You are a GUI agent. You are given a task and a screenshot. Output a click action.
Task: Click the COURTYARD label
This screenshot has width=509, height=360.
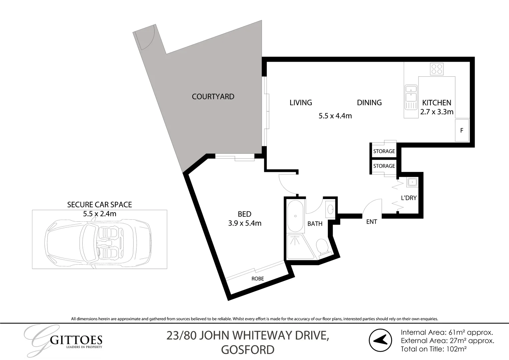pyautogui.click(x=213, y=97)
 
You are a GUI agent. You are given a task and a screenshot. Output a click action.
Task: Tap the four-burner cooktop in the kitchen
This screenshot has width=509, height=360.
pyautogui.click(x=436, y=69)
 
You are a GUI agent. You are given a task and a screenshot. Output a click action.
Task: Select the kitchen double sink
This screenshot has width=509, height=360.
pyautogui.click(x=411, y=98)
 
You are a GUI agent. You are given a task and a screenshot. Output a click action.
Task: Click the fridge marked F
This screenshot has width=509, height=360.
pyautogui.click(x=462, y=130)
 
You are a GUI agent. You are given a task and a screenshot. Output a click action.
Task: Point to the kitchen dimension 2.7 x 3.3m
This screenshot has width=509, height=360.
pyautogui.click(x=437, y=112)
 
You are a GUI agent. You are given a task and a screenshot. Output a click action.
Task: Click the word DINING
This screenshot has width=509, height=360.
pyautogui.click(x=369, y=103)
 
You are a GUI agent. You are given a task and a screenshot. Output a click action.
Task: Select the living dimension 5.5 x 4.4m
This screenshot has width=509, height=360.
pyautogui.click(x=335, y=116)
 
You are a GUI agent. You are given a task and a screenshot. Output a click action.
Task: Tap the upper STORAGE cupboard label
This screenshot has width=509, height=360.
pyautogui.click(x=384, y=151)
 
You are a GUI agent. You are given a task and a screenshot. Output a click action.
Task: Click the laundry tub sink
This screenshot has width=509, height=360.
pyautogui.click(x=412, y=182)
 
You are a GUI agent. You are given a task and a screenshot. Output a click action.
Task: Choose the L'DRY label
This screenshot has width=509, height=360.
pyautogui.click(x=409, y=198)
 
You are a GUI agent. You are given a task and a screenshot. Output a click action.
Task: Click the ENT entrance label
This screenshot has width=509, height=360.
pyautogui.click(x=371, y=222)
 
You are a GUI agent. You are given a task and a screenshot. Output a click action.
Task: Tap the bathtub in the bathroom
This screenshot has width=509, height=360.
pyautogui.click(x=295, y=216)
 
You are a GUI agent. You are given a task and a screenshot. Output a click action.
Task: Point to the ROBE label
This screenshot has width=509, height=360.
pyautogui.click(x=258, y=279)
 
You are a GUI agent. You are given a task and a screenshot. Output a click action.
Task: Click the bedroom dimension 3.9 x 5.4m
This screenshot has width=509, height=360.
pyautogui.click(x=245, y=223)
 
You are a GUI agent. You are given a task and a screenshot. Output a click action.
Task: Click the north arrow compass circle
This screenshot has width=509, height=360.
pyautogui.click(x=380, y=340)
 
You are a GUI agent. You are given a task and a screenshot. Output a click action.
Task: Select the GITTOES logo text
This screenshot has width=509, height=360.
pyautogui.click(x=76, y=340)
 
